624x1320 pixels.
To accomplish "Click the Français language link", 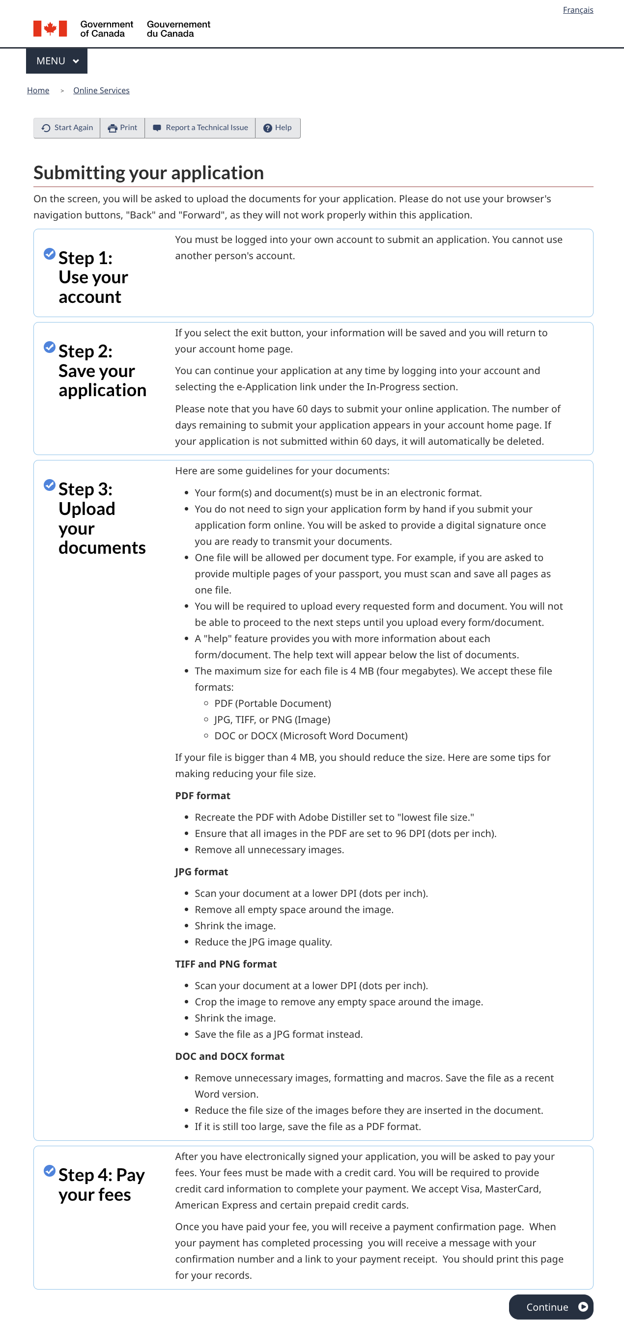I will pos(577,10).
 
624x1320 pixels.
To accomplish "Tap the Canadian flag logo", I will pos(50,28).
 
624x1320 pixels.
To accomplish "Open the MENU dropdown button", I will pos(57,61).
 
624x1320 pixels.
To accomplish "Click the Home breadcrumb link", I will pos(38,91).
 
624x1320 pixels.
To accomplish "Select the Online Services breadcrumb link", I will pos(101,91).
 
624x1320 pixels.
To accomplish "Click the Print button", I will pos(122,128).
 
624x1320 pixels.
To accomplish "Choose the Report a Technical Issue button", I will pos(200,128).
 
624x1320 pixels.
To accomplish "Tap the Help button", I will pos(278,128).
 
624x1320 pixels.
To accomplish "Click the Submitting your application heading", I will pos(148,173).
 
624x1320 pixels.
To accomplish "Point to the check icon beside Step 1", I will pos(49,254).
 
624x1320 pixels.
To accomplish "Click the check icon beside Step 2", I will pos(49,348).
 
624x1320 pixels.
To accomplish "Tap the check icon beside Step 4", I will pos(49,1171).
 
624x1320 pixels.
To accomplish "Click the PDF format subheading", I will pos(202,796).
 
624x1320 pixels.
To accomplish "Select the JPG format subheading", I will pos(201,872).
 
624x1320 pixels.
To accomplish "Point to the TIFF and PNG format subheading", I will pos(226,964).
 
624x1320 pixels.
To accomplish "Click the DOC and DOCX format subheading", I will pos(229,1056).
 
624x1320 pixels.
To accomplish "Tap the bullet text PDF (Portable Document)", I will pos(272,703).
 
